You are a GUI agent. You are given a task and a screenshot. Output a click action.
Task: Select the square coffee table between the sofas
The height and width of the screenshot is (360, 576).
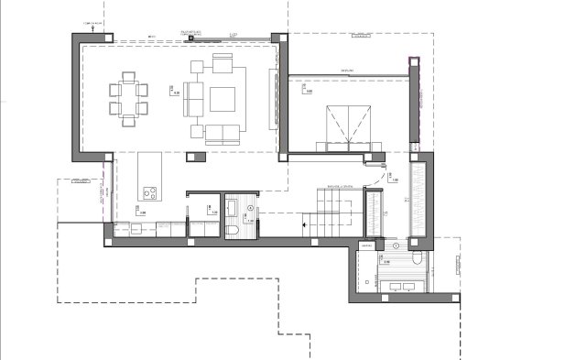223,98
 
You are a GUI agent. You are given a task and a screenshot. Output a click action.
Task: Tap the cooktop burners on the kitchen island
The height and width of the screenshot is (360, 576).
149,193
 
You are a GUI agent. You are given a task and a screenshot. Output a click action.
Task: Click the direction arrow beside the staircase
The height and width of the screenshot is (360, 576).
304,222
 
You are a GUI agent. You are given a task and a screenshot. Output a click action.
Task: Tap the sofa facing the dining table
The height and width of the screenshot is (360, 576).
191,99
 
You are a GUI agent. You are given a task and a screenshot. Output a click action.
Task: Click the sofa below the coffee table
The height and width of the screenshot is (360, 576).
220,134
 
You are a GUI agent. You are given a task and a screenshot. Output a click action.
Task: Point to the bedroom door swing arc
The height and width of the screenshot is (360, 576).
374,166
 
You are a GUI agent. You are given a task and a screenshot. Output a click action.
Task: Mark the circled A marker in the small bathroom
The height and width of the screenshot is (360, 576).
233,206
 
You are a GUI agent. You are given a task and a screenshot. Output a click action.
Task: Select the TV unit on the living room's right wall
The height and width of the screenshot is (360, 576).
271,97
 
